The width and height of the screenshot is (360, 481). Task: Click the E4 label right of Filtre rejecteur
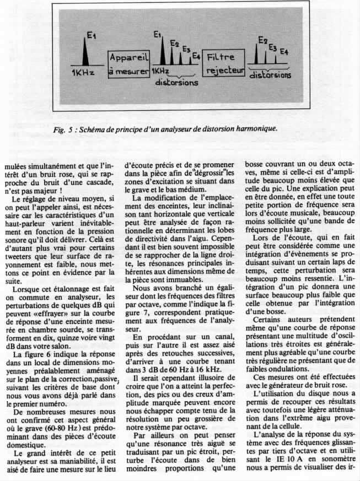[284, 51]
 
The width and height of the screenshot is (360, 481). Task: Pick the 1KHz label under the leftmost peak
[82, 73]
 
